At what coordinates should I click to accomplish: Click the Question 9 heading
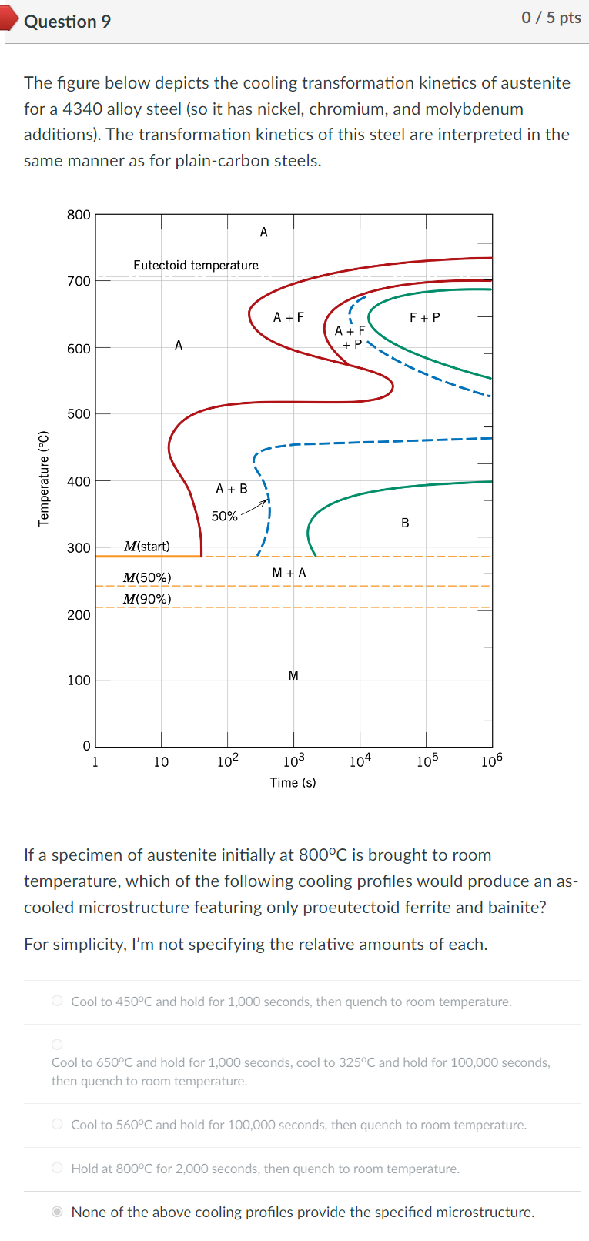67,22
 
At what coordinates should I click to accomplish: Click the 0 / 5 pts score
551,18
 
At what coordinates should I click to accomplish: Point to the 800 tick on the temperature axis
79,215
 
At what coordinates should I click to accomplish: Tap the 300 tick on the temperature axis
79,548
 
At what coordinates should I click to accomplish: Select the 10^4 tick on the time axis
360,761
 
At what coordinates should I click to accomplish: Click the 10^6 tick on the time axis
491,761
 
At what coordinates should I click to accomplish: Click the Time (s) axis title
293,783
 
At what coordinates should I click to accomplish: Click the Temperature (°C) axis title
44,478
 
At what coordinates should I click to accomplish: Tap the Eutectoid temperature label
196,266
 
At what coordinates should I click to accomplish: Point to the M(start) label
147,547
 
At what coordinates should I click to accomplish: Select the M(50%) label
147,577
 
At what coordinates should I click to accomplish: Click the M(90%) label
147,599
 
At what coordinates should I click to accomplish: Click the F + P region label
425,317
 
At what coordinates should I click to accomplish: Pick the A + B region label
231,489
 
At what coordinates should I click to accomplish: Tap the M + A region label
289,573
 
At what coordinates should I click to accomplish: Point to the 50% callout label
224,517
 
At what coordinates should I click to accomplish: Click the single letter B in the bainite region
405,523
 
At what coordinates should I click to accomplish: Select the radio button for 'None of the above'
57,1212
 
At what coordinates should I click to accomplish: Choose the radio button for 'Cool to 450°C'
57,1001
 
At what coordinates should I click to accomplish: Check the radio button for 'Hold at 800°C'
57,1168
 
